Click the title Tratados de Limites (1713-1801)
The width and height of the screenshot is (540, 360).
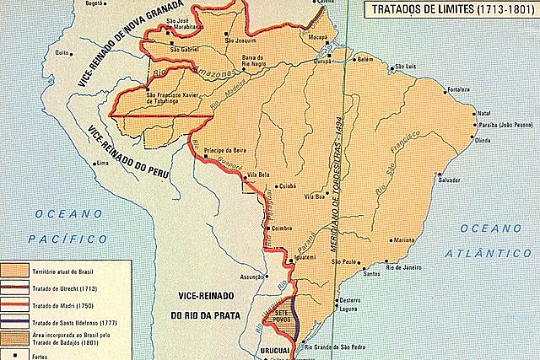(x=452, y=11)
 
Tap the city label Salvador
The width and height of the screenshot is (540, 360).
(x=472, y=180)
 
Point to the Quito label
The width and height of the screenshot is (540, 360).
(x=60, y=52)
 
